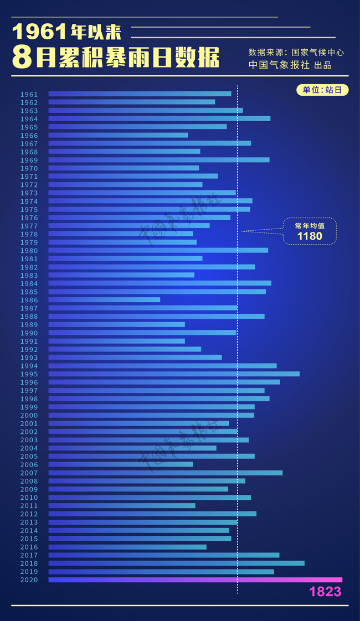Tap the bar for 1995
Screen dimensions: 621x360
[x=174, y=374]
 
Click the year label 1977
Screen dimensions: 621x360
[x=29, y=226]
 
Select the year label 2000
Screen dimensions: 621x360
[x=29, y=415]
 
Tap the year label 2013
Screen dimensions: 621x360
[x=29, y=522]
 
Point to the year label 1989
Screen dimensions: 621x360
[x=29, y=325]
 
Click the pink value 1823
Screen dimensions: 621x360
[x=325, y=592]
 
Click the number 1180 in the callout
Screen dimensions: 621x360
[x=310, y=236]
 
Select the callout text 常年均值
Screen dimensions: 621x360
[x=310, y=226]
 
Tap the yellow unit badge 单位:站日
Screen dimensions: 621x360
[x=322, y=90]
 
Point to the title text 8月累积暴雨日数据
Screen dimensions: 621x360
[x=116, y=58]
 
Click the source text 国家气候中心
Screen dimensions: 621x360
[x=317, y=52]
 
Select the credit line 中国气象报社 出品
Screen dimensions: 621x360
[x=290, y=65]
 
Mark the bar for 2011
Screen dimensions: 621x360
[x=122, y=505]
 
